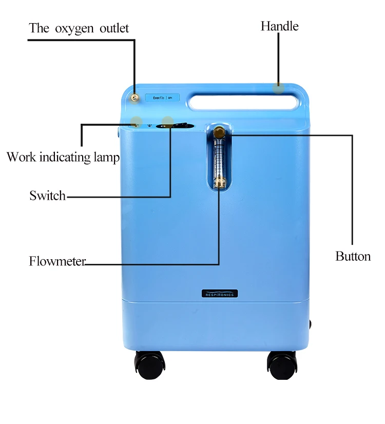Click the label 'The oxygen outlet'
pyautogui.click(x=79, y=28)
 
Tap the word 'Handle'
pyautogui.click(x=279, y=26)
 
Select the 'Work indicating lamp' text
pyautogui.click(x=63, y=157)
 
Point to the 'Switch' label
pyautogui.click(x=47, y=195)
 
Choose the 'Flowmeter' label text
pyautogui.click(x=57, y=261)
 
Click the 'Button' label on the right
pyautogui.click(x=353, y=256)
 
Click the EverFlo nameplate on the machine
pyautogui.click(x=162, y=97)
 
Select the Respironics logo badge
pyautogui.click(x=220, y=294)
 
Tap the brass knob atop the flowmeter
pyautogui.click(x=220, y=133)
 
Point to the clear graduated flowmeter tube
pyautogui.click(x=219, y=158)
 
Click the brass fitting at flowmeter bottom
pyautogui.click(x=220, y=182)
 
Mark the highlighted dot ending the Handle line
pyautogui.click(x=278, y=88)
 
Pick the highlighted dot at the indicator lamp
pyautogui.click(x=136, y=122)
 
